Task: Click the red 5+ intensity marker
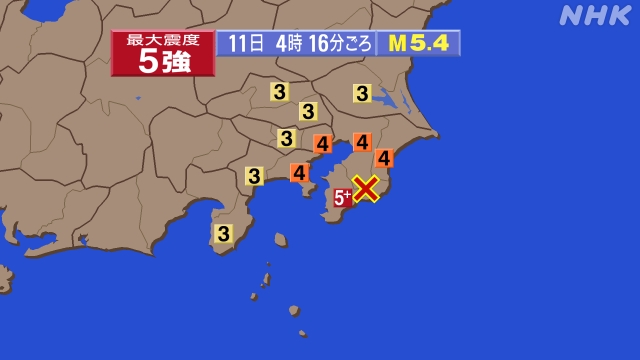click(342, 197)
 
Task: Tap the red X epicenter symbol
click(367, 188)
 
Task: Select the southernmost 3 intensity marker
click(223, 233)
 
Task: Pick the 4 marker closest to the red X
click(384, 157)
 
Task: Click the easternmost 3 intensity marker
click(362, 94)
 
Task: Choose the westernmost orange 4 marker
click(299, 172)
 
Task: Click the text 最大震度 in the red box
click(162, 40)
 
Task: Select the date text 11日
click(245, 43)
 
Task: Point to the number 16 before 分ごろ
click(321, 43)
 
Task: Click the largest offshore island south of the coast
click(281, 240)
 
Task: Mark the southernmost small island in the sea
click(302, 333)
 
